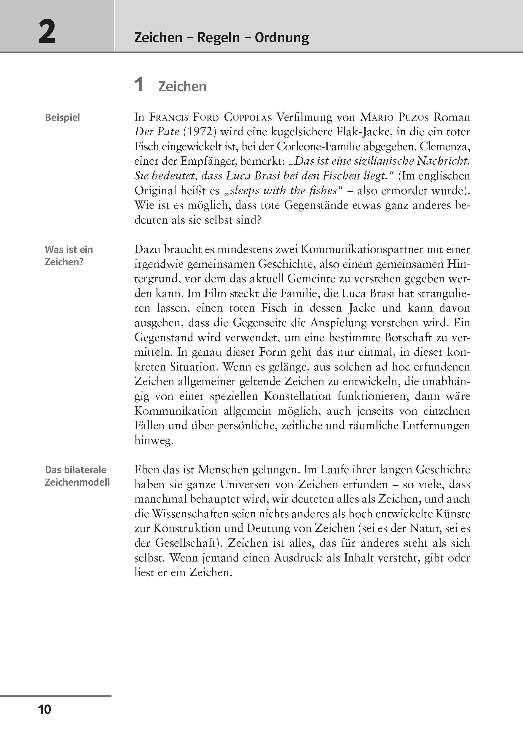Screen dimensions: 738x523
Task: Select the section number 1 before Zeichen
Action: (138, 85)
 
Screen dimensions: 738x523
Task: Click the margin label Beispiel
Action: (62, 118)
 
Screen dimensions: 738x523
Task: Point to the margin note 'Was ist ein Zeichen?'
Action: (68, 256)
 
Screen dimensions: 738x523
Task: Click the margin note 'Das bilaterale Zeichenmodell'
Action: (77, 476)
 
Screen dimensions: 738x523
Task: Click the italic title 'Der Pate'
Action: (157, 132)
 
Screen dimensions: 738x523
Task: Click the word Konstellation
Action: (297, 396)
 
